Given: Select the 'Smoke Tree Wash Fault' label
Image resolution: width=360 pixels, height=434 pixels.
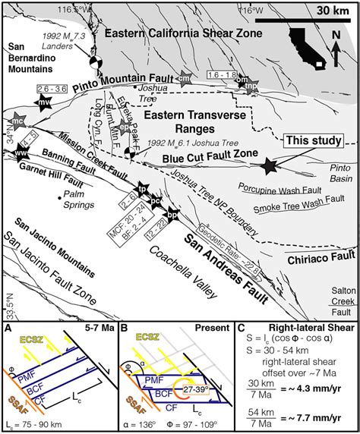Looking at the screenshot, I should click(x=292, y=206).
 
